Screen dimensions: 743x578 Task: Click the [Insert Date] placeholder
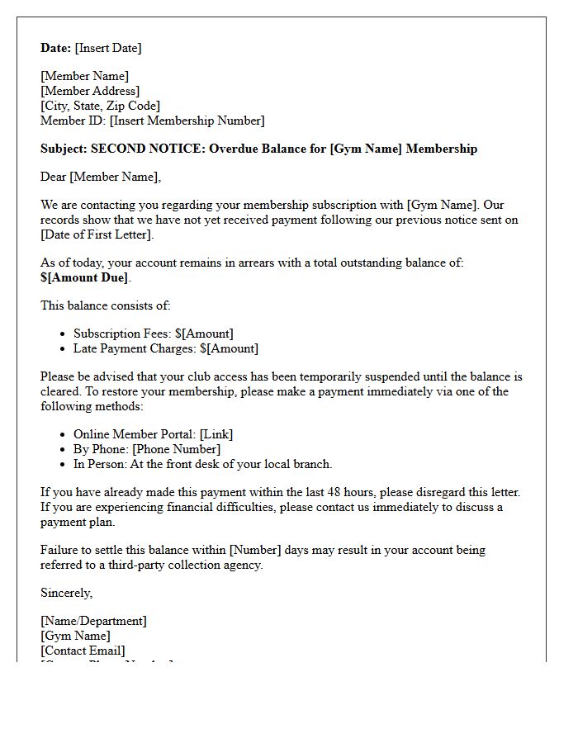(x=108, y=48)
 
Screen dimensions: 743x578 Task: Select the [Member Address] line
(x=90, y=91)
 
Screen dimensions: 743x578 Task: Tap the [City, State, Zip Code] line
(x=100, y=106)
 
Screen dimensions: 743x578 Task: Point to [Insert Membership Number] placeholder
(x=187, y=121)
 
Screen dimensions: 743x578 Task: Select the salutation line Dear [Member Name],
(x=101, y=177)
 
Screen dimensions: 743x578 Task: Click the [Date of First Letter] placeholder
(x=97, y=234)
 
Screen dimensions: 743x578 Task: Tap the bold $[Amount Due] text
(x=84, y=277)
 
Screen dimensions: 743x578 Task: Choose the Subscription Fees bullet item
(x=153, y=334)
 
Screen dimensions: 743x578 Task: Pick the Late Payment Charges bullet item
(x=165, y=348)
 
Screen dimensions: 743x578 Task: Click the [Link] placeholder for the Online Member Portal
(x=216, y=434)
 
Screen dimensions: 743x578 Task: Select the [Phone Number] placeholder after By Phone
(x=176, y=449)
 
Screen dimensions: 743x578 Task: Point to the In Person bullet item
(x=202, y=464)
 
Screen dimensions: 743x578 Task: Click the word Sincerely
(x=66, y=593)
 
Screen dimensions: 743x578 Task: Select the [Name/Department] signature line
(x=93, y=621)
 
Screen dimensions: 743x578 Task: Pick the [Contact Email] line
(x=83, y=651)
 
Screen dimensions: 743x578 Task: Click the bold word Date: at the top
(x=55, y=48)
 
